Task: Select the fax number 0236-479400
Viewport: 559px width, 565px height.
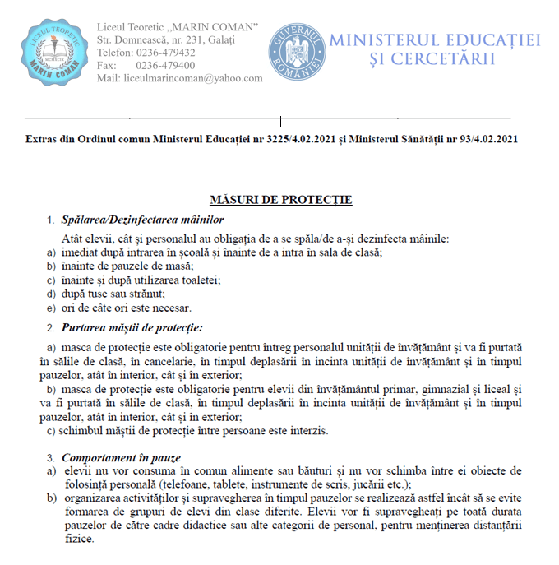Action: (x=164, y=65)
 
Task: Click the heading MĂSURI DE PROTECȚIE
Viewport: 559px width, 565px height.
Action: (x=281, y=200)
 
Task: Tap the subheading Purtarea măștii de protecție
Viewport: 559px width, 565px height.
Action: (x=132, y=328)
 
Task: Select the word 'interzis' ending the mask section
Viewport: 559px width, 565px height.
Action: (x=309, y=431)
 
